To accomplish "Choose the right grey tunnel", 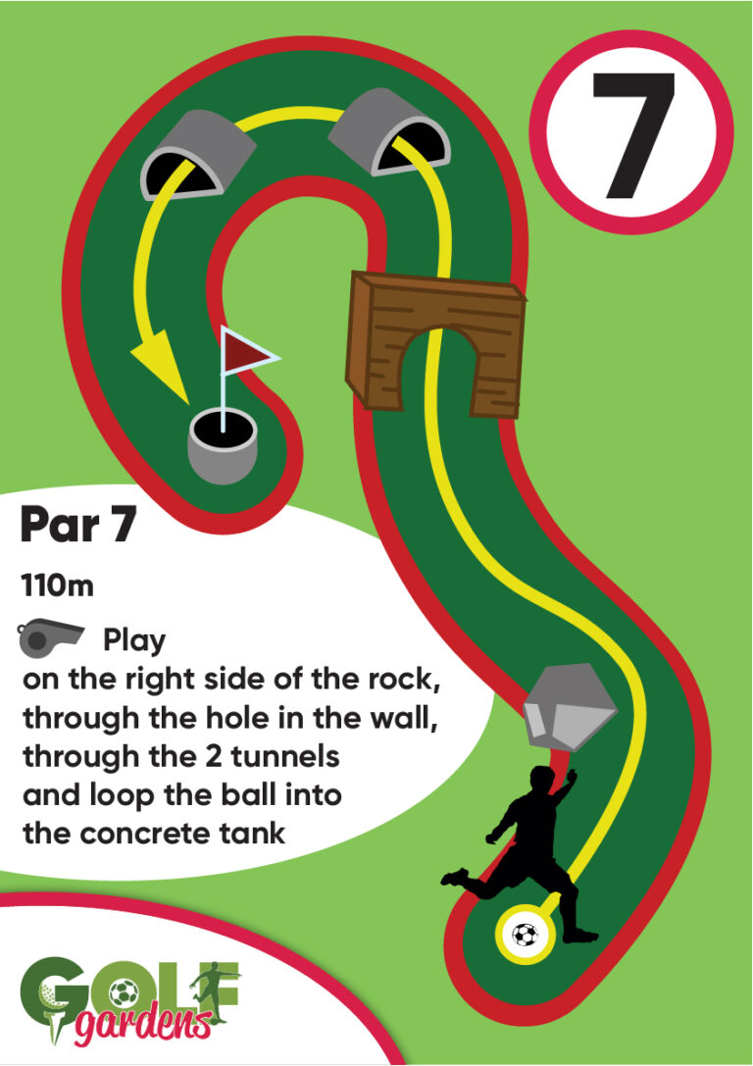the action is click(390, 131).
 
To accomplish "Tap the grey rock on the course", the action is click(570, 707).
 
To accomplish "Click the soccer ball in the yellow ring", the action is click(525, 935).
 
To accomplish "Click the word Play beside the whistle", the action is click(134, 641).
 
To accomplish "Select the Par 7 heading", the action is click(78, 525).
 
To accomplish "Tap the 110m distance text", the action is click(57, 586).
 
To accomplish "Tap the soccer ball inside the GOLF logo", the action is click(123, 993).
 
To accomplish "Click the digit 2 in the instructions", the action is click(214, 757).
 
